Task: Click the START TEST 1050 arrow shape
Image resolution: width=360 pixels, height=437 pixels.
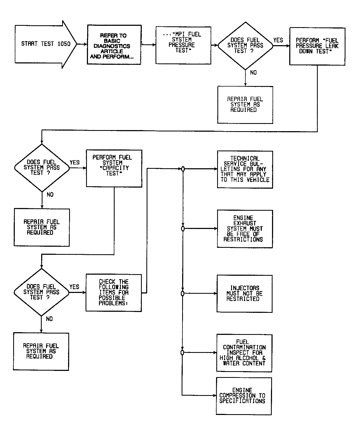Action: [46, 44]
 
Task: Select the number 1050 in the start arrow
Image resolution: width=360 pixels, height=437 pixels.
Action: [64, 44]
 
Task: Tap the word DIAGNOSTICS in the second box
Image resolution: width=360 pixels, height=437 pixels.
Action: [112, 46]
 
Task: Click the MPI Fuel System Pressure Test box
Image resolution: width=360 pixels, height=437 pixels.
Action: [183, 45]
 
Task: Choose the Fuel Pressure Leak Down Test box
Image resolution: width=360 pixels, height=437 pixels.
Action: [317, 46]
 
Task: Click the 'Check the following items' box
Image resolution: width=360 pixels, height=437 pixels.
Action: [114, 293]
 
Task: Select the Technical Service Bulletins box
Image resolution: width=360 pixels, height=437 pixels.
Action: [245, 170]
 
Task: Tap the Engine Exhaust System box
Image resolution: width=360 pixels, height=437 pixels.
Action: [245, 229]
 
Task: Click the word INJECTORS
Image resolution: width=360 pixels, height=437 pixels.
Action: [245, 288]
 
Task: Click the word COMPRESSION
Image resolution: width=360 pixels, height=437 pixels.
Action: [237, 396]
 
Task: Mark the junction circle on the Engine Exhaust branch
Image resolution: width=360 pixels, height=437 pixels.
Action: [183, 229]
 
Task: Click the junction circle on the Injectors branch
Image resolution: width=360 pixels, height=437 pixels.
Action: [182, 293]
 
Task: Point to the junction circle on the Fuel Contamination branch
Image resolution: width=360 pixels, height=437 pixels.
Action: [182, 353]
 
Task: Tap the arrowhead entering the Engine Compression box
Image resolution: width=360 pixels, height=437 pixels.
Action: [214, 395]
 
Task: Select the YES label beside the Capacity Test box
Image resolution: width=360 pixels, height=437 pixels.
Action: [75, 163]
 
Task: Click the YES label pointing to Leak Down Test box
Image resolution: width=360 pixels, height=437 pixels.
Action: [278, 40]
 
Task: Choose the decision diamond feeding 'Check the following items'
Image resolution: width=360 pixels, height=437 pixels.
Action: [41, 292]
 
